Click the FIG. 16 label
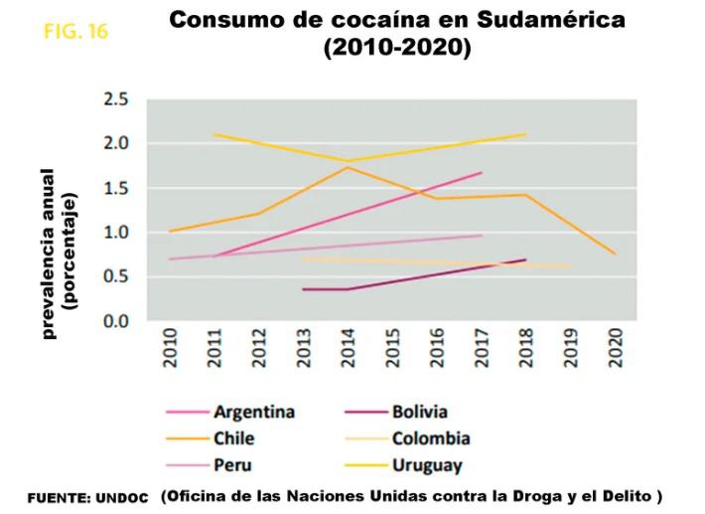click(x=76, y=31)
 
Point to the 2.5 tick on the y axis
click(x=116, y=99)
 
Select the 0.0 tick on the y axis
click(x=116, y=322)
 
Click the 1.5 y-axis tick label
click(x=116, y=189)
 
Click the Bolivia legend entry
click(x=419, y=412)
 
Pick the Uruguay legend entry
click(x=427, y=464)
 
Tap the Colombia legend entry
click(x=430, y=438)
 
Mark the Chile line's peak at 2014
click(x=347, y=167)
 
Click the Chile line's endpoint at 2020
click(x=616, y=255)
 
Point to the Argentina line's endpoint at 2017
click(x=482, y=172)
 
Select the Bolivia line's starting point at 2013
click(x=303, y=289)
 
